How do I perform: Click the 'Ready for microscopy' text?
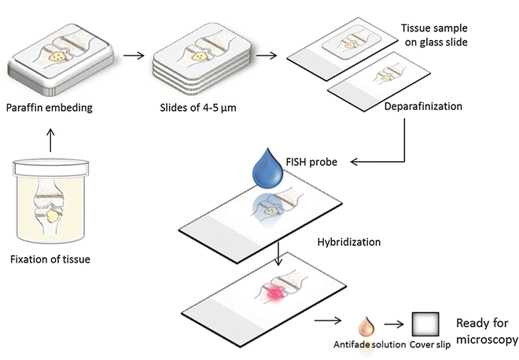point(487,331)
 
